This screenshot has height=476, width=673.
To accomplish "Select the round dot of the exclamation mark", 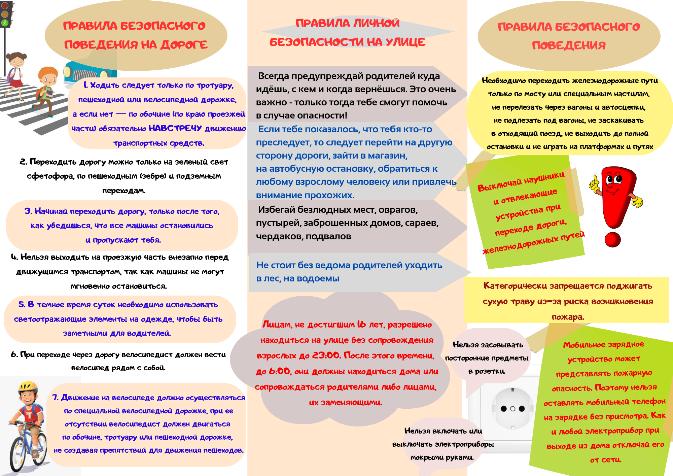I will click(612, 239).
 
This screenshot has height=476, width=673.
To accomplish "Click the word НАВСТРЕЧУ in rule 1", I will click(175, 128).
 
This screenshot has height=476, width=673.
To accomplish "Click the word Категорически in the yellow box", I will click(515, 286).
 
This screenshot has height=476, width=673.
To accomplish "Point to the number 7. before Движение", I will click(56, 398).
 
